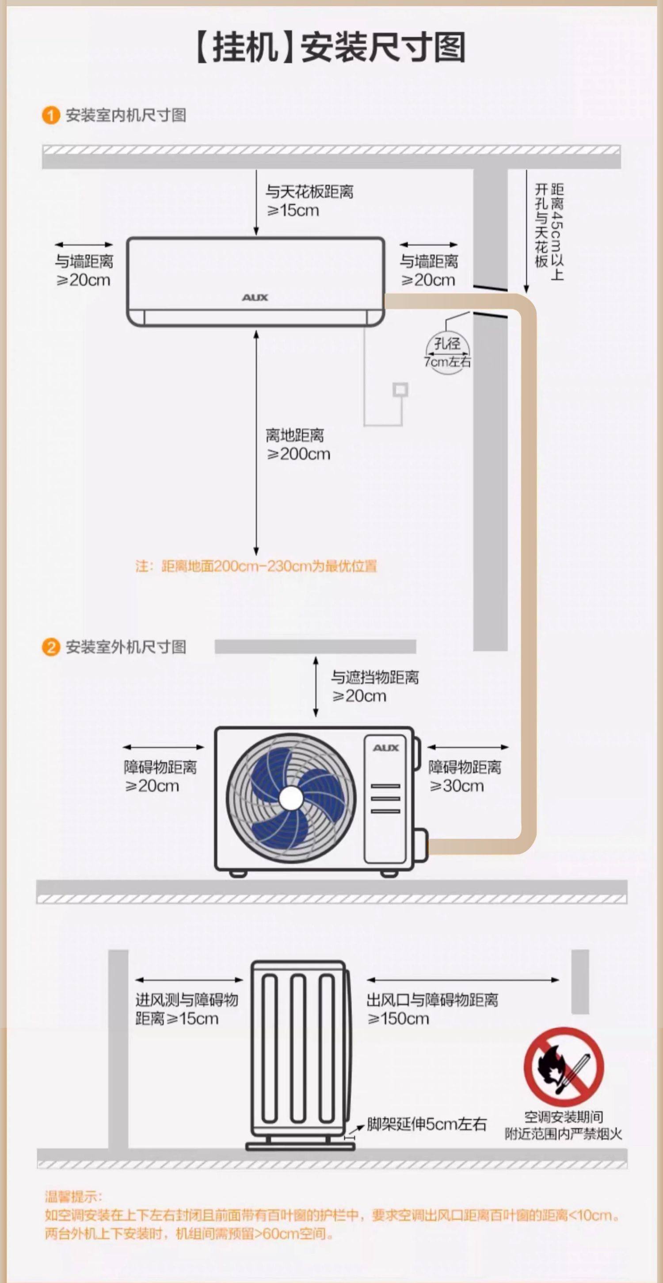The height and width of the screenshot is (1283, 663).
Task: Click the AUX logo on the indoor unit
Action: (x=255, y=297)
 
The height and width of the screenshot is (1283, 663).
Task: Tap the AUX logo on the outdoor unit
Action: (x=386, y=748)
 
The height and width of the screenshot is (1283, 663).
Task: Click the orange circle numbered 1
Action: (x=50, y=115)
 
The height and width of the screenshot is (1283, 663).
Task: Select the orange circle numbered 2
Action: (x=50, y=647)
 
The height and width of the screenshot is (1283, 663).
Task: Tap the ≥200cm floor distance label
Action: (x=298, y=454)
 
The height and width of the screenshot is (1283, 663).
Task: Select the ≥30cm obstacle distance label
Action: (x=457, y=786)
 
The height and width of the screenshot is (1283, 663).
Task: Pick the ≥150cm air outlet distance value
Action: (x=398, y=1018)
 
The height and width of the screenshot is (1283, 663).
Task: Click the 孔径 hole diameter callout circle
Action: (x=447, y=352)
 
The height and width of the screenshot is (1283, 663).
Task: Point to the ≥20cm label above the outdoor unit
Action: (x=359, y=696)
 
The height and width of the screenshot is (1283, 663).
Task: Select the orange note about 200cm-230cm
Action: (x=256, y=566)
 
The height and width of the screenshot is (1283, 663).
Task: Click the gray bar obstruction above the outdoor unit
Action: (x=315, y=646)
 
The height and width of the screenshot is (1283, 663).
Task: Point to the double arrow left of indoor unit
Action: (x=84, y=245)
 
